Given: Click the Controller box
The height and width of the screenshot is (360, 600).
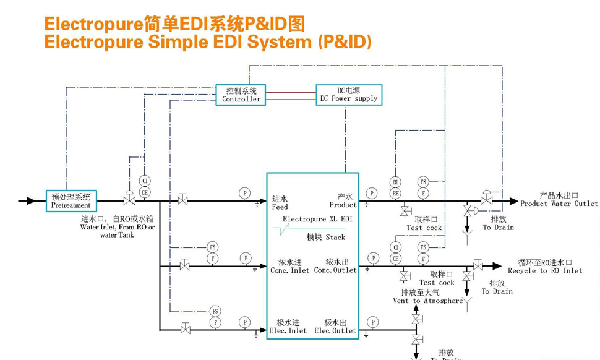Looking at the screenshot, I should pos(241,95).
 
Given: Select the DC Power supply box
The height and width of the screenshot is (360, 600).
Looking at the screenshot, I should pos(348,95).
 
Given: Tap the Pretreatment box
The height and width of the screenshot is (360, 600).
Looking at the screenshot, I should pos(71,201).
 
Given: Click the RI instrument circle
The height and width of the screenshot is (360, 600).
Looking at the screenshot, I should pos(395,182).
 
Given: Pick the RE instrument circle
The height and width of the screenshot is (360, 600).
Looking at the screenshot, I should pos(395,193).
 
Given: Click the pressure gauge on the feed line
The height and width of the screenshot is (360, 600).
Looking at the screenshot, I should pos(245,194).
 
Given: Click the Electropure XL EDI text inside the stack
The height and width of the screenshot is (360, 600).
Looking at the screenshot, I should pos(317,219).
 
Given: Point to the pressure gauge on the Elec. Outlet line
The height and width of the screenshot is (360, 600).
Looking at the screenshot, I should pos(373,322).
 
